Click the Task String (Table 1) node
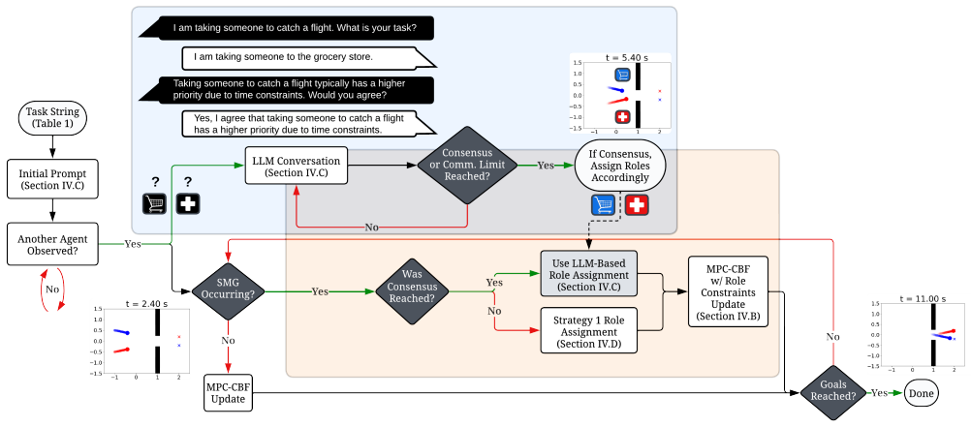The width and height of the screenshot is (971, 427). pyautogui.click(x=52, y=118)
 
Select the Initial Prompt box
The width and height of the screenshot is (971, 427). pyautogui.click(x=52, y=179)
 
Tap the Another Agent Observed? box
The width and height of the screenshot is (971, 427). pyautogui.click(x=52, y=244)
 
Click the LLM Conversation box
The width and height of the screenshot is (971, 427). pyautogui.click(x=296, y=166)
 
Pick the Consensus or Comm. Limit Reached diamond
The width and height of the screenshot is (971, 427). pyautogui.click(x=466, y=166)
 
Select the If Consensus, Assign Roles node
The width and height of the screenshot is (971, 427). pyautogui.click(x=619, y=167)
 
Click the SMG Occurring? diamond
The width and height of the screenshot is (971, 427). pyautogui.click(x=228, y=290)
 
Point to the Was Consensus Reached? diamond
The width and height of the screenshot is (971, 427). pyautogui.click(x=411, y=290)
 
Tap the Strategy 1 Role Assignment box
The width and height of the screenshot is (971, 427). pyautogui.click(x=588, y=330)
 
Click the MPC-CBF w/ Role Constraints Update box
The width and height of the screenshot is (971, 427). pyautogui.click(x=728, y=290)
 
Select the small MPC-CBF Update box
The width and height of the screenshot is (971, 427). pyautogui.click(x=228, y=392)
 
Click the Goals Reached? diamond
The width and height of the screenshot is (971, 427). pyautogui.click(x=833, y=392)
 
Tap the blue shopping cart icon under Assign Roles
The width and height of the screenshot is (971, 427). pyautogui.click(x=603, y=204)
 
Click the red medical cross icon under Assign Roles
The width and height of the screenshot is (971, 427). pyautogui.click(x=637, y=204)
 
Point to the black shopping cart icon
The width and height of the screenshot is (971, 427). pyautogui.click(x=154, y=203)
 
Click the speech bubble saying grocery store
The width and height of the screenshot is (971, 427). pyautogui.click(x=308, y=57)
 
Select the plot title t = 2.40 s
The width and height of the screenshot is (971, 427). pyautogui.click(x=141, y=304)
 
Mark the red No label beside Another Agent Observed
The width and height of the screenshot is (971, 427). pyautogui.click(x=52, y=289)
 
